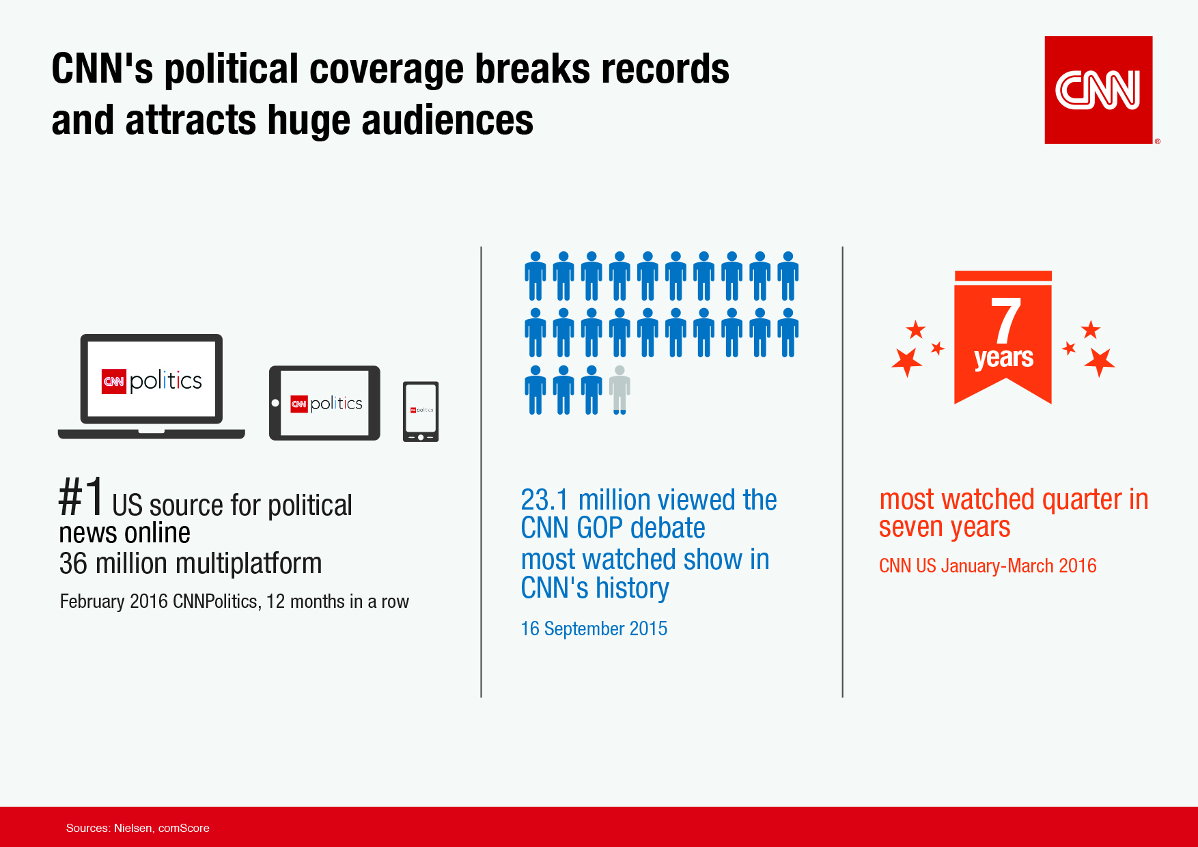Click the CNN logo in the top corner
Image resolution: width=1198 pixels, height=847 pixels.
(x=1098, y=89)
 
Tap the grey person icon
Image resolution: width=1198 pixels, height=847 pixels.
(x=619, y=390)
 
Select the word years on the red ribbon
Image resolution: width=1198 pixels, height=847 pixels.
(x=1003, y=358)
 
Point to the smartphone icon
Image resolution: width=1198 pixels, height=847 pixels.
(x=421, y=411)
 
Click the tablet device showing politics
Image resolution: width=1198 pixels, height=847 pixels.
(x=325, y=403)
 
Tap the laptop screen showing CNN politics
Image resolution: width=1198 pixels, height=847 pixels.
(x=152, y=380)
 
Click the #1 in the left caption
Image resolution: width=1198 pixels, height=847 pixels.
(x=81, y=497)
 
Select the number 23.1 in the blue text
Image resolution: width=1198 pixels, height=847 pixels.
(x=544, y=500)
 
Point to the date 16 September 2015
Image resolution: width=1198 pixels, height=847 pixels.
(x=594, y=628)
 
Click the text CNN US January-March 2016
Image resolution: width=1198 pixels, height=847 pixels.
(x=987, y=566)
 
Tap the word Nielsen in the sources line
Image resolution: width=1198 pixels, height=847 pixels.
(x=133, y=828)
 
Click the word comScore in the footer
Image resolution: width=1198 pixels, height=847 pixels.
(x=184, y=828)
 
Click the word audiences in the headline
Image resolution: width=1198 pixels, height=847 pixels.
(x=447, y=121)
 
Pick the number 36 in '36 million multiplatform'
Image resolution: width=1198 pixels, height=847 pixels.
(x=73, y=564)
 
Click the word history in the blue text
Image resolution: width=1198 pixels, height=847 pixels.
(x=632, y=589)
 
